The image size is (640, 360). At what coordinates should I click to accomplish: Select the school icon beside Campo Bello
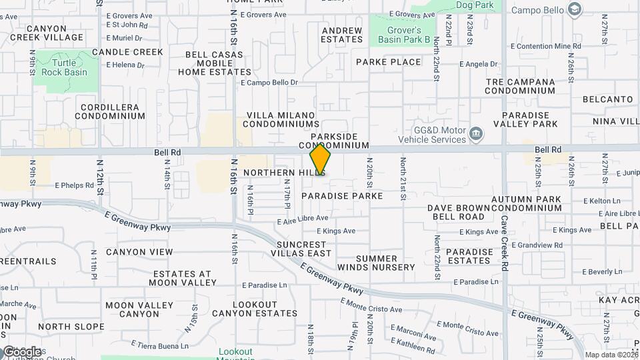tap(574, 10)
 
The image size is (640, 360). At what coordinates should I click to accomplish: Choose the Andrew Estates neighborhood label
tap(341, 35)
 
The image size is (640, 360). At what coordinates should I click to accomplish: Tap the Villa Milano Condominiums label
tap(281, 119)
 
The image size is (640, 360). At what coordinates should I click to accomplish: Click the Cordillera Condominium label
tap(109, 111)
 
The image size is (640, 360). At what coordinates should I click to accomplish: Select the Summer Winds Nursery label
tap(385, 263)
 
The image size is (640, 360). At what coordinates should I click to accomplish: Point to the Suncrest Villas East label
tap(304, 249)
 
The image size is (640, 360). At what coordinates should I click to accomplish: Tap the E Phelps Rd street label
tap(76, 185)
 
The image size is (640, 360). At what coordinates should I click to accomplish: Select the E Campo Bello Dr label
tap(269, 83)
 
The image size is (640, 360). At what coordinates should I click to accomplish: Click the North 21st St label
tap(403, 179)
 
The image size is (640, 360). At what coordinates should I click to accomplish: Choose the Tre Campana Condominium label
tap(520, 87)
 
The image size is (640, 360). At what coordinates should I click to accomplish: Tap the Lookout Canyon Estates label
tap(255, 309)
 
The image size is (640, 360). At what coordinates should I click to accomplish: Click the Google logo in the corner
tap(21, 351)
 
